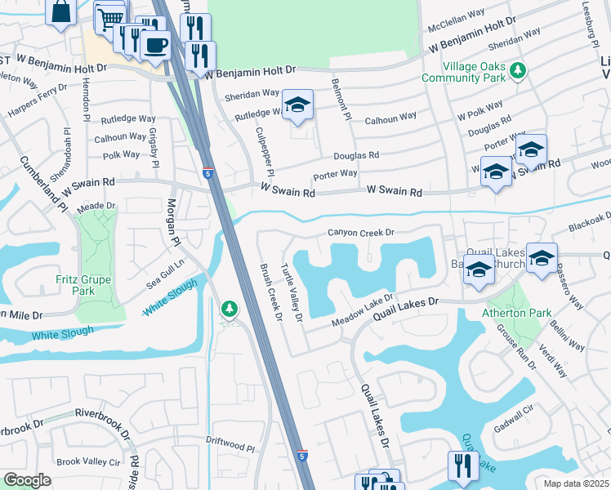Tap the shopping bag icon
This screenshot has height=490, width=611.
pyautogui.click(x=61, y=12)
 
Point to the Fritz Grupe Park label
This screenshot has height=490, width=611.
pyautogui.click(x=84, y=284)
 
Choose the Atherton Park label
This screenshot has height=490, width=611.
pyautogui.click(x=517, y=312)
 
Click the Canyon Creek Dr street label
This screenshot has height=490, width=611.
pyautogui.click(x=361, y=233)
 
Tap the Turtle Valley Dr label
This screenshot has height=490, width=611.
pyautogui.click(x=292, y=293)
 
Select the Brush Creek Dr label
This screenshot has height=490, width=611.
pyautogui.click(x=270, y=291)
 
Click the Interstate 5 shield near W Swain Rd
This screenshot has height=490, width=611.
pyautogui.click(x=208, y=172)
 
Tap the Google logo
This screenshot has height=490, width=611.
pyautogui.click(x=27, y=480)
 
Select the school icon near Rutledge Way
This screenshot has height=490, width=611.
pyautogui.click(x=298, y=105)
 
